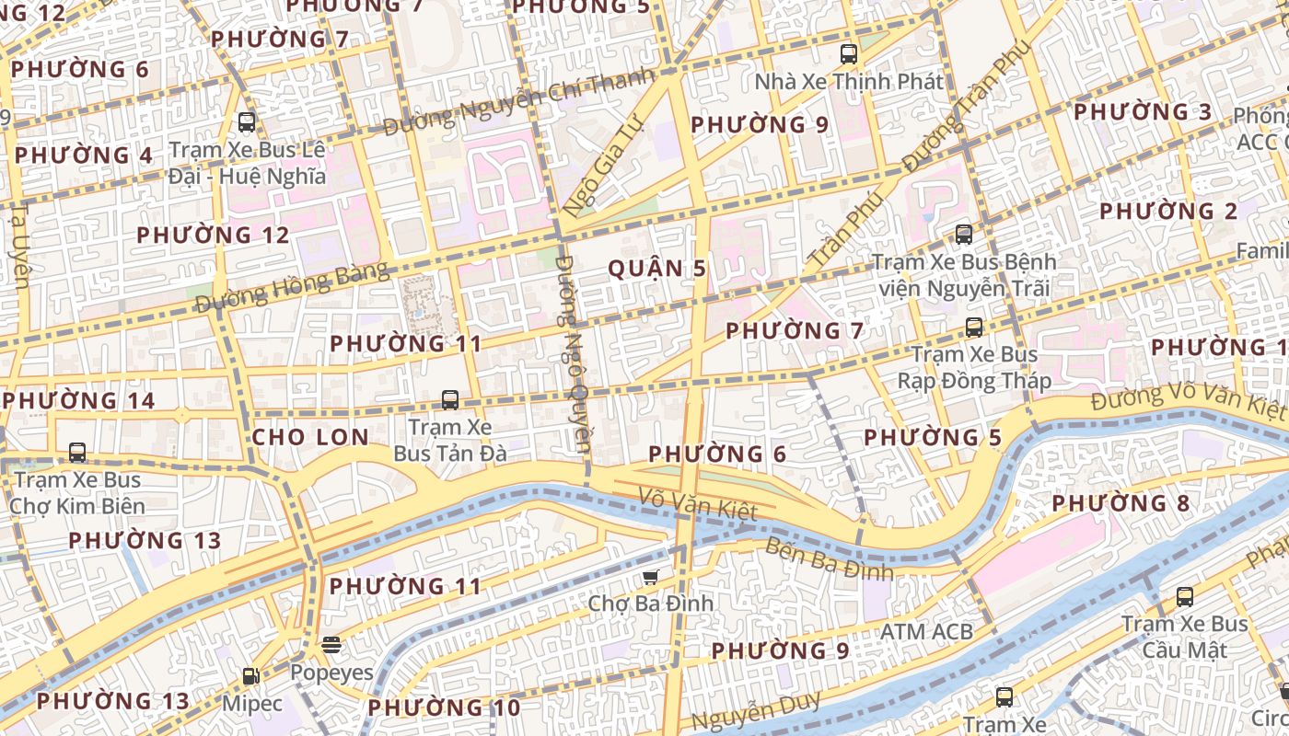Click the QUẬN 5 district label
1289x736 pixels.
(657, 269)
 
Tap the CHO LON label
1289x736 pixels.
(310, 437)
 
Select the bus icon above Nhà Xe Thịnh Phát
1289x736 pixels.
(849, 54)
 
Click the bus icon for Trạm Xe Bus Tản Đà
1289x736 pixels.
(450, 400)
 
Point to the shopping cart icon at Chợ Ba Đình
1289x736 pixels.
(651, 577)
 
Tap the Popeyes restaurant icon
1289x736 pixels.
(331, 645)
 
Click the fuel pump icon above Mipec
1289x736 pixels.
(250, 676)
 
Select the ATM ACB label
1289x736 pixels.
(926, 632)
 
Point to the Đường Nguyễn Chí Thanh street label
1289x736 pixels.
(520, 101)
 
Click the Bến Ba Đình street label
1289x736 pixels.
(829, 558)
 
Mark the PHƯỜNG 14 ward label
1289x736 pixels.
(78, 401)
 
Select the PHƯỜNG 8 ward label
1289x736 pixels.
(1121, 503)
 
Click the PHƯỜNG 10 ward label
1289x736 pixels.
(444, 708)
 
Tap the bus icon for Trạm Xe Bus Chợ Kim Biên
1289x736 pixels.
(77, 453)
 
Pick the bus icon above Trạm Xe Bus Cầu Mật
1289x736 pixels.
(1185, 597)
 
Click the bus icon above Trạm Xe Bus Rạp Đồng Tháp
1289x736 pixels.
(973, 328)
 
